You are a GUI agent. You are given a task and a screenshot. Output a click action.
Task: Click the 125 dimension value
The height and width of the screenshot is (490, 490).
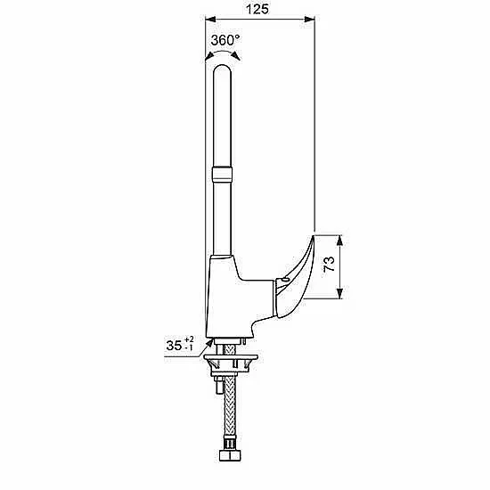[257, 9]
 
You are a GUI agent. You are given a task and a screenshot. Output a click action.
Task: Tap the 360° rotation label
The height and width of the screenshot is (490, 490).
[225, 40]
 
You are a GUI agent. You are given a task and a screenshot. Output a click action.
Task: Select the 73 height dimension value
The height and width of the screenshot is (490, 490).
[329, 264]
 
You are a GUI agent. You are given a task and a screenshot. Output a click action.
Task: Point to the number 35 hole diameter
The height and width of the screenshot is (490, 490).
[174, 346]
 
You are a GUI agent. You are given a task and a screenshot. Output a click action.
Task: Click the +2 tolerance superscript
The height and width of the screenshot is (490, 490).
[189, 339]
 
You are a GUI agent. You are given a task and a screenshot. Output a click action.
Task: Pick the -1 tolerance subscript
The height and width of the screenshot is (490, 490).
[189, 347]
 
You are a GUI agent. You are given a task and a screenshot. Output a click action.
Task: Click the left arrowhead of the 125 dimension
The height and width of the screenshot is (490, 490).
[210, 20]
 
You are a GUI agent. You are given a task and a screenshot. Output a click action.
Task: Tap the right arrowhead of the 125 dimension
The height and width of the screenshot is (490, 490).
[309, 20]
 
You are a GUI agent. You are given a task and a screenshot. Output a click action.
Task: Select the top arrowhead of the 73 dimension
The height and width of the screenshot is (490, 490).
[340, 241]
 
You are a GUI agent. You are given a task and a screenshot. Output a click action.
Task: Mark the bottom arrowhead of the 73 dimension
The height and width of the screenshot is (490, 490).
[340, 293]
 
